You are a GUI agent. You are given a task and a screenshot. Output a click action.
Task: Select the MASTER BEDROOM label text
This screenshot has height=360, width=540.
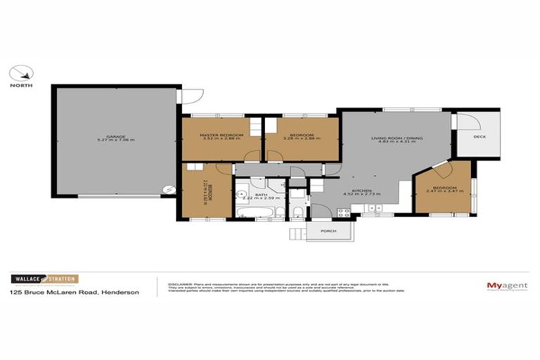click(x=221, y=134)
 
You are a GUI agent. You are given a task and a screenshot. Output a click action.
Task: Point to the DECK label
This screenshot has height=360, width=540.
click(x=480, y=138)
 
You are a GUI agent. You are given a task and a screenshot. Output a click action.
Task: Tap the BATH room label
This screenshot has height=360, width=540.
click(x=259, y=194)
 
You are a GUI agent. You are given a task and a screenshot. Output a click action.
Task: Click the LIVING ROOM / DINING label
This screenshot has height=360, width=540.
click(x=397, y=138)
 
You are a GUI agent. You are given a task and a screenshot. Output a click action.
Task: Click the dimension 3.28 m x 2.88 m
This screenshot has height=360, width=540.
click(x=302, y=139)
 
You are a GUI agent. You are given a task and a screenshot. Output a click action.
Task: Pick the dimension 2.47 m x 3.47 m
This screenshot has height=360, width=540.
click(x=444, y=192)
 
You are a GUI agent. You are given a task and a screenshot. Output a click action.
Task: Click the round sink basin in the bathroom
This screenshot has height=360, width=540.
click(x=240, y=196)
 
